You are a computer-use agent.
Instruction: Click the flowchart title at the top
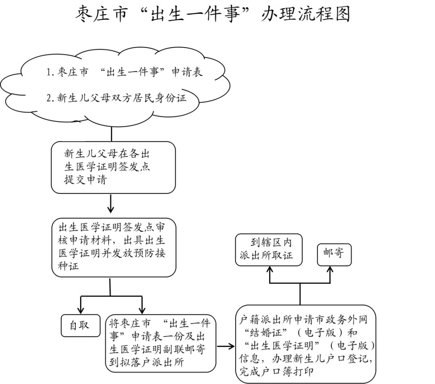(x=213, y=14)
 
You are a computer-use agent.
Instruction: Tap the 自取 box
(x=81, y=325)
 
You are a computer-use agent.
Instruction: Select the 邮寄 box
(x=334, y=255)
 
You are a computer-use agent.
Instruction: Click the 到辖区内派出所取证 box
(x=269, y=249)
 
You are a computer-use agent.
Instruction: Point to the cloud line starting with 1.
(x=124, y=73)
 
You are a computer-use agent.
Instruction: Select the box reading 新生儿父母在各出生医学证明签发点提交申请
(x=113, y=167)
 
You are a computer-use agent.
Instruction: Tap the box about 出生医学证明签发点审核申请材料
(x=114, y=247)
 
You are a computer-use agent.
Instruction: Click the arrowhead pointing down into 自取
(x=81, y=310)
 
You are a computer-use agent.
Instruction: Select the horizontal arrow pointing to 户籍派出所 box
(x=226, y=346)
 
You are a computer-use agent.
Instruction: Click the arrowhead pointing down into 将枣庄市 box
(x=142, y=310)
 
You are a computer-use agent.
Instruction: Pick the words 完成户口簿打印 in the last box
(x=275, y=372)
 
